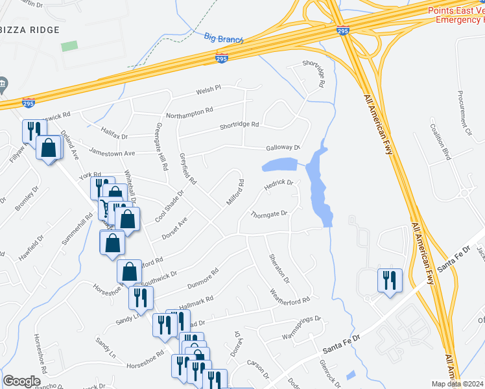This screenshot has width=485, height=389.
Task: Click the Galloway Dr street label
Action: pyautogui.click(x=280, y=148)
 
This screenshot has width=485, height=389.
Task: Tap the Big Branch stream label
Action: pyautogui.click(x=223, y=38)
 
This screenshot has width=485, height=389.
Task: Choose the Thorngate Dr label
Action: pyautogui.click(x=268, y=214)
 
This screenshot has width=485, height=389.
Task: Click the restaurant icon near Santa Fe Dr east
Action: pyautogui.click(x=390, y=281)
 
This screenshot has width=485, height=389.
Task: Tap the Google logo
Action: pyautogui.click(x=21, y=381)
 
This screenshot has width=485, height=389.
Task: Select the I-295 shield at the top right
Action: pyautogui.click(x=343, y=30)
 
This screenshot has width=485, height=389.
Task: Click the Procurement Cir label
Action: pyautogui.click(x=464, y=111)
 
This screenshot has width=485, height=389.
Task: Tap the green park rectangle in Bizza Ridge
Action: pyautogui.click(x=69, y=46)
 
